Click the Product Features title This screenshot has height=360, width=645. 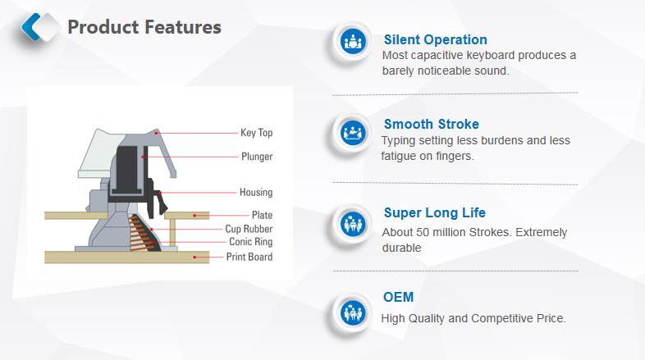point(144,27)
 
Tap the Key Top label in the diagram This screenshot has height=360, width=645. point(257,133)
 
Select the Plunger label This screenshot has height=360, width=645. point(257,157)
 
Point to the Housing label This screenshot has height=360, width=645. point(256,192)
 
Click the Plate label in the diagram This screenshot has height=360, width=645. point(262,215)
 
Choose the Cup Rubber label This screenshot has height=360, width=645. point(249,229)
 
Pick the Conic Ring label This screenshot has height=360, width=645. point(251,242)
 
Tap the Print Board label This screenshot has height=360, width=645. point(249,257)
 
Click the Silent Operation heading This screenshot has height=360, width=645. point(435,40)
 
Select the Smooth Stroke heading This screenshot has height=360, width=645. point(432,124)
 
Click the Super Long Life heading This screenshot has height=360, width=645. point(434,213)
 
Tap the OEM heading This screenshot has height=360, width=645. point(398,297)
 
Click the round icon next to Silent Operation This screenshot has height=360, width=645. point(353,42)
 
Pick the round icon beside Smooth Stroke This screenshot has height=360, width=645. point(353,133)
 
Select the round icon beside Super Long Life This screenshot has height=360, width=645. point(353,225)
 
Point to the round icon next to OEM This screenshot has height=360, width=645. point(353,312)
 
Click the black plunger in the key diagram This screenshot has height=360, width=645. point(126,171)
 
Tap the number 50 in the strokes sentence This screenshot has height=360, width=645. point(423,233)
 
